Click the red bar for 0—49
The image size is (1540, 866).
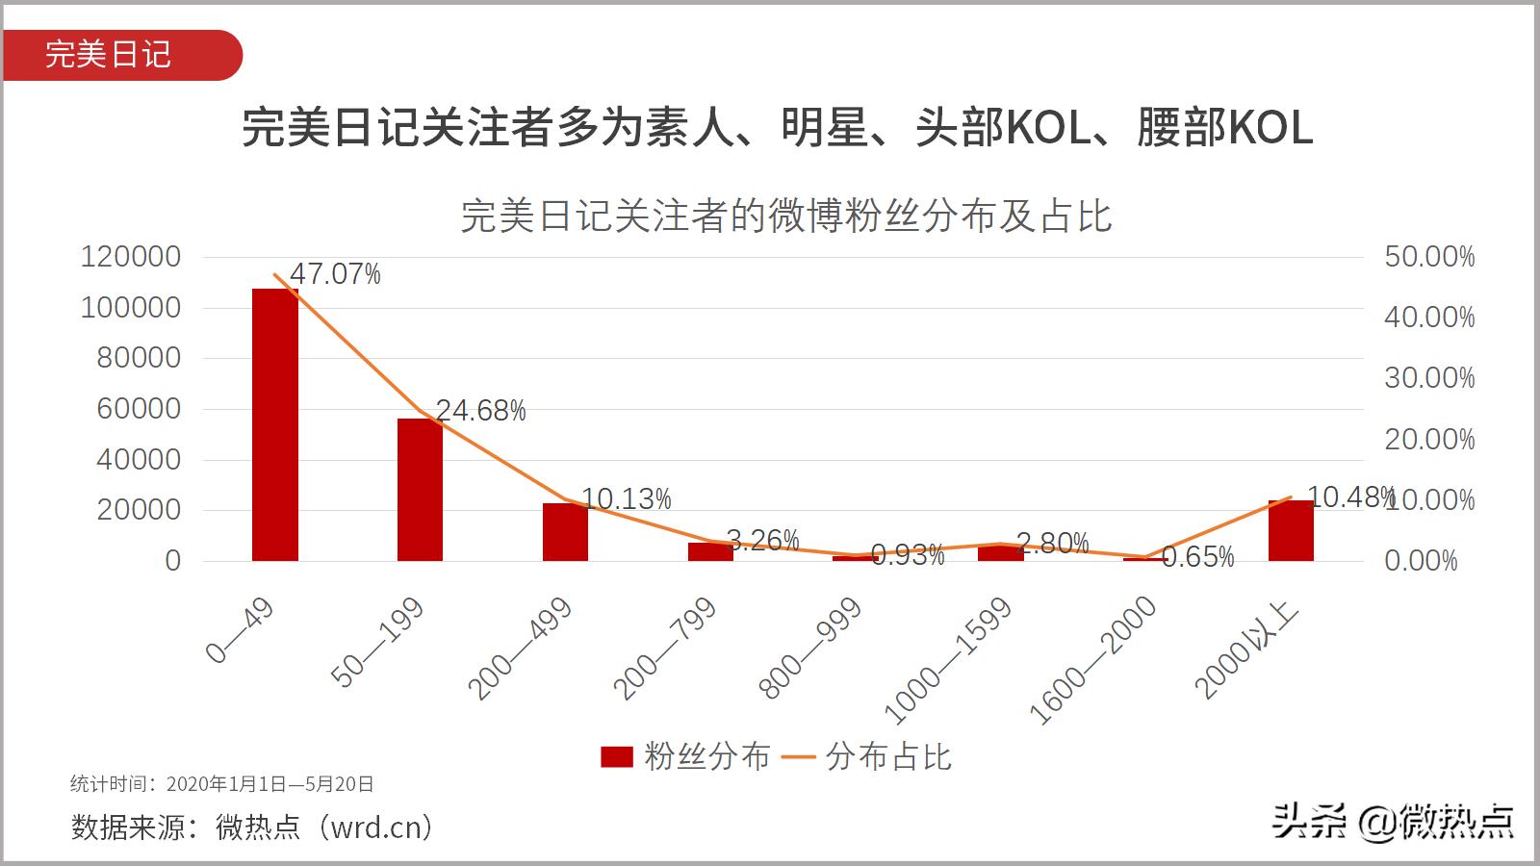click(x=275, y=424)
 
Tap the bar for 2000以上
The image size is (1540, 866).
click(x=1291, y=530)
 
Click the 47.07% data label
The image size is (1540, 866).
click(x=335, y=274)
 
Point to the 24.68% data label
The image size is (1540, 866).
click(x=480, y=411)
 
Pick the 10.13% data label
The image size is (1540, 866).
click(x=626, y=498)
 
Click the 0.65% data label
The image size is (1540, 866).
click(x=1197, y=557)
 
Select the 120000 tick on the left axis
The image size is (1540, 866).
click(x=131, y=257)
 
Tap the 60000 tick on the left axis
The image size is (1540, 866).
click(x=139, y=409)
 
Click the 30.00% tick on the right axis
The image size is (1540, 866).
click(x=1428, y=378)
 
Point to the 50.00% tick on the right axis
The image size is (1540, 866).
click(x=1428, y=257)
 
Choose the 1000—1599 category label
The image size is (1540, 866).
click(x=949, y=660)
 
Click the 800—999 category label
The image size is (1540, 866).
click(x=810, y=647)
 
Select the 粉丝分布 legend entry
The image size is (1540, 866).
click(x=685, y=756)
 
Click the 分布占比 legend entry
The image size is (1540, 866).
click(x=866, y=756)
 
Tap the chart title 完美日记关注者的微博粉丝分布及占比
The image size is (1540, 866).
click(x=785, y=216)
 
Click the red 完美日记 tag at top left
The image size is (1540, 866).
click(x=109, y=54)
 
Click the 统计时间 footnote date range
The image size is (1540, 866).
click(x=269, y=784)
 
